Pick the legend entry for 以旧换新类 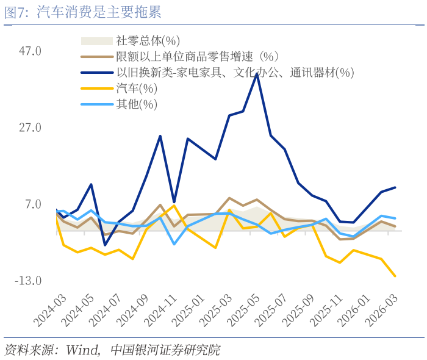(x=235, y=73)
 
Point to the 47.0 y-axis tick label (x=30, y=51)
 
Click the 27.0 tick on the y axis (x=30, y=128)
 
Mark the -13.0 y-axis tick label (x=28, y=281)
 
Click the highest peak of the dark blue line (x=257, y=74)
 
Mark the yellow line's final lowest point (x=395, y=276)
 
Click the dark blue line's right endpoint (x=395, y=187)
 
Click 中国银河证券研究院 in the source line (x=165, y=350)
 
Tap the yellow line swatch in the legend (x=96, y=88)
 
